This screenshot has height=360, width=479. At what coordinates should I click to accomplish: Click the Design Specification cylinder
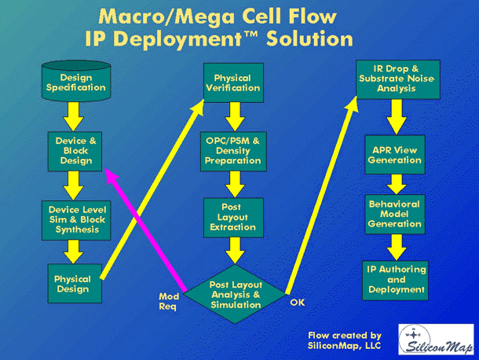76,81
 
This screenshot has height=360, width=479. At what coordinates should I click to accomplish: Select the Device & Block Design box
75,152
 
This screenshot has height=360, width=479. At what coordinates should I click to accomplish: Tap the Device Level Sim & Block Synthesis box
76,220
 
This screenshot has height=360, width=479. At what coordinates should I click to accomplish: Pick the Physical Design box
75,284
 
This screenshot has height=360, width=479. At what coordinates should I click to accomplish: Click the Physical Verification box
234,83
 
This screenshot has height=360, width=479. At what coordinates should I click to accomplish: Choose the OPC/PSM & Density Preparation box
233,152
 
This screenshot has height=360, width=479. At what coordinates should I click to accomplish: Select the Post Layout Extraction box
234,218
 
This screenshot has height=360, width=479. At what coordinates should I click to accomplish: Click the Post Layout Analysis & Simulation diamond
235,294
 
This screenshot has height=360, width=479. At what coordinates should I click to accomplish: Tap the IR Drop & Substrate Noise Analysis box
398,79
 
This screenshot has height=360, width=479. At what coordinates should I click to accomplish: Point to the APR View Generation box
395,155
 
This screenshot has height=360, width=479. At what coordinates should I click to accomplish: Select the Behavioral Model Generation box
395,215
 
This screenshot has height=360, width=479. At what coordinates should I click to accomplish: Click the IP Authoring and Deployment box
395,281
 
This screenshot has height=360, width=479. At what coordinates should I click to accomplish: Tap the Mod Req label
169,301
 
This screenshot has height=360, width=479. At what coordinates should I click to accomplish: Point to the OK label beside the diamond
298,303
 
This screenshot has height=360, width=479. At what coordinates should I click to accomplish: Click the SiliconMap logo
436,340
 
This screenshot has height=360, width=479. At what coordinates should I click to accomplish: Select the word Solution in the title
309,39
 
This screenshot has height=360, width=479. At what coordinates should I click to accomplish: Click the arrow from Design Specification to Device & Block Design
73,116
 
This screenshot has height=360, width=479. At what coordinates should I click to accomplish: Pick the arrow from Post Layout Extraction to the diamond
235,251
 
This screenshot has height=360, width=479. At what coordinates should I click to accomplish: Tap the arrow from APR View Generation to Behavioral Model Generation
397,185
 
